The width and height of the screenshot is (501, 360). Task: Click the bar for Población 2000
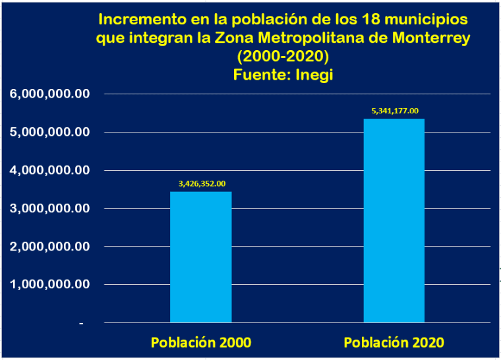point(200,256)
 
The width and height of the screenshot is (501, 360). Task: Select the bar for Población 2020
point(394,220)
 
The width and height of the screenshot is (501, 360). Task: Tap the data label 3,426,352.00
point(200,183)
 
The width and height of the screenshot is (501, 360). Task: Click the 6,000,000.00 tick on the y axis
point(49,94)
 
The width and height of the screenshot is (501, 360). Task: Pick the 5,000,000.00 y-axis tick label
point(49,133)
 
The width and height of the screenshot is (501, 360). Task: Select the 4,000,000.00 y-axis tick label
point(49,171)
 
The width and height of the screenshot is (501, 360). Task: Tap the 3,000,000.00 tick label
point(49,209)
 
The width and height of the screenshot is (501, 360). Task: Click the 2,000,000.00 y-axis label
point(49,247)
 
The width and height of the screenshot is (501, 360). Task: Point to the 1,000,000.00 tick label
point(49,285)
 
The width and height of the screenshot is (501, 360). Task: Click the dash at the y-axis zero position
point(82,324)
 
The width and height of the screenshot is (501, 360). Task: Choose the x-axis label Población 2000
point(200,343)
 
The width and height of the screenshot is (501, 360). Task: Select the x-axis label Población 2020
point(394,343)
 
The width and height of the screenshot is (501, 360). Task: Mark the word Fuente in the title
point(258,75)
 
